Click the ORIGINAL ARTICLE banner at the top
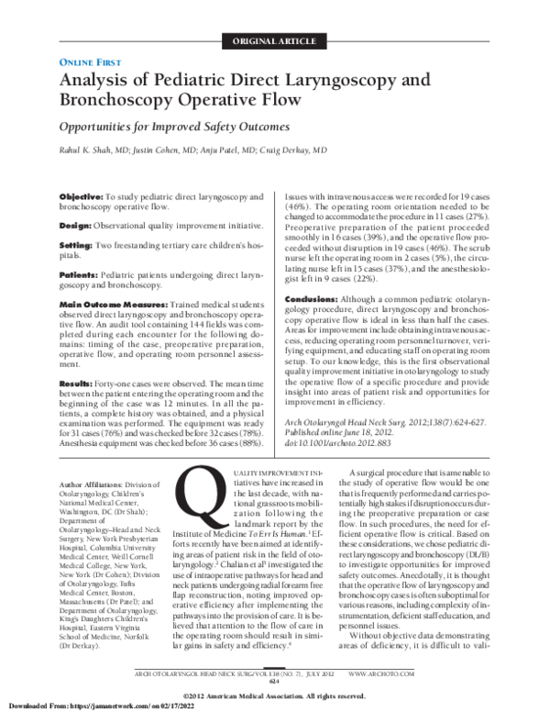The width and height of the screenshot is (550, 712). click(x=275, y=40)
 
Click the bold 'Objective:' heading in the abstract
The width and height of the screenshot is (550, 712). click(x=81, y=197)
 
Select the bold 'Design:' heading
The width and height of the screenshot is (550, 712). click(x=76, y=225)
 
